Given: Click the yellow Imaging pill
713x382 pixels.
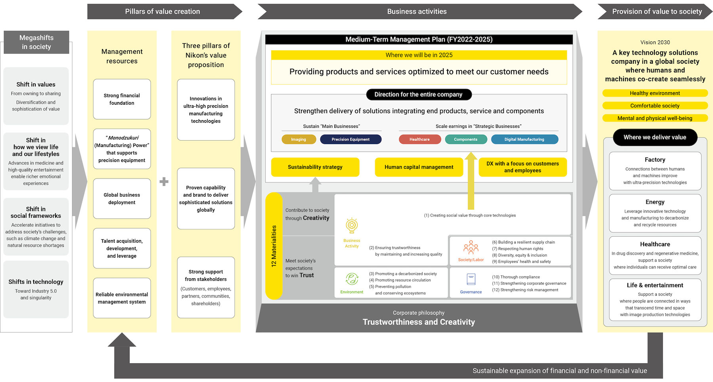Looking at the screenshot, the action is [299, 139].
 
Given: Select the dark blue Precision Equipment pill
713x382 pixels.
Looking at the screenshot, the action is [351, 139].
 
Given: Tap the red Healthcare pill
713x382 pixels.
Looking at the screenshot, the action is [419, 139].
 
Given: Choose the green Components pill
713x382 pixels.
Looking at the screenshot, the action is [466, 139].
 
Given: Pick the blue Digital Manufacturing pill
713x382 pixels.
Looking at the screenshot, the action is [524, 139].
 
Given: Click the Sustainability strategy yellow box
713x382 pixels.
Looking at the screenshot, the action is [315, 167].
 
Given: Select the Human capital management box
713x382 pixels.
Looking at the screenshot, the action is [419, 167].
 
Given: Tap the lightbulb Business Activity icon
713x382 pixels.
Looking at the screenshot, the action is [352, 225].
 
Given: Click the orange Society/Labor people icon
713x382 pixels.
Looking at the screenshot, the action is [471, 247].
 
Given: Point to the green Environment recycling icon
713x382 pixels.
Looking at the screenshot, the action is [352, 279].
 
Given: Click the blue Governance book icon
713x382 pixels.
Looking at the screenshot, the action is [471, 279].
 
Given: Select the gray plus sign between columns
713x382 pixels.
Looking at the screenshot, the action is [164, 182].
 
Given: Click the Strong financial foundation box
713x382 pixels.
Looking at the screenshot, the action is [122, 99].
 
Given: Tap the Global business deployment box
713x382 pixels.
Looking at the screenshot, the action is [122, 199].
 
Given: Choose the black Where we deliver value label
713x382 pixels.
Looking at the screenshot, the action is [655, 137].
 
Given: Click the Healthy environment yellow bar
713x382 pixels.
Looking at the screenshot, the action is [655, 93].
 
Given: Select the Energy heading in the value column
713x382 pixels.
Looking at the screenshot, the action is [655, 202].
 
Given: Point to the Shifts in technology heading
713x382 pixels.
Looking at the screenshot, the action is [36, 282].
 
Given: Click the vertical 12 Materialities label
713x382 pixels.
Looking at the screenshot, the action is [274, 246].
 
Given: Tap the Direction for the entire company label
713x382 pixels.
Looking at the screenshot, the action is [419, 95].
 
